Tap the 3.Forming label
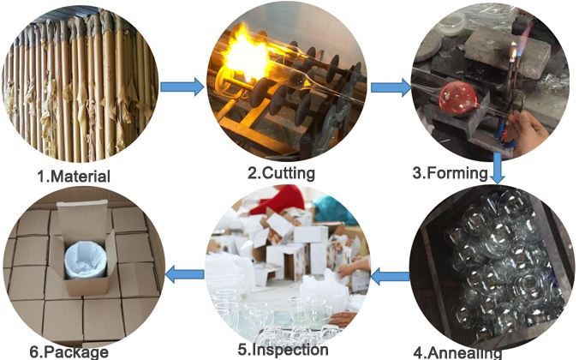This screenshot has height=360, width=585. pos(450,172)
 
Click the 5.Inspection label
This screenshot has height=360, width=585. pos(282,350)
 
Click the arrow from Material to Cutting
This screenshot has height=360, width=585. pos(182,87)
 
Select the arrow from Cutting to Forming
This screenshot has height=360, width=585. pos(390,87)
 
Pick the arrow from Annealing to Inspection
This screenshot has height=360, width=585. pos(391,276)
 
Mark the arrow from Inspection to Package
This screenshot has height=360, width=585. pos(183,274)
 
